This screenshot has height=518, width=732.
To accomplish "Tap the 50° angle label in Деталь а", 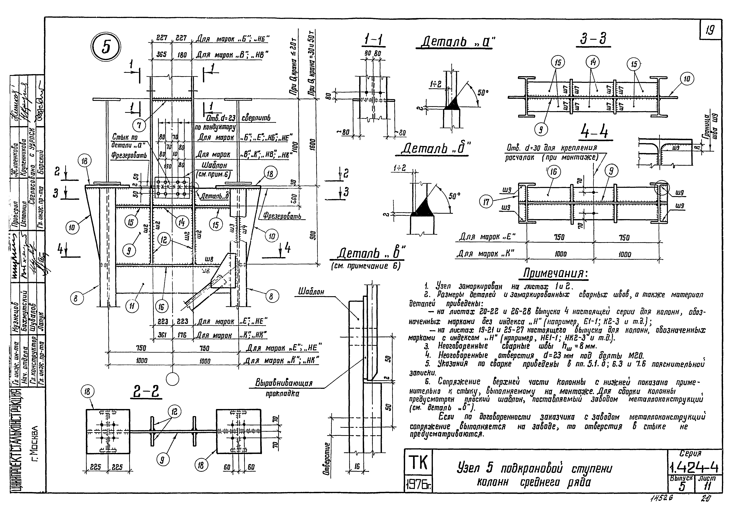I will coord(483,93).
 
